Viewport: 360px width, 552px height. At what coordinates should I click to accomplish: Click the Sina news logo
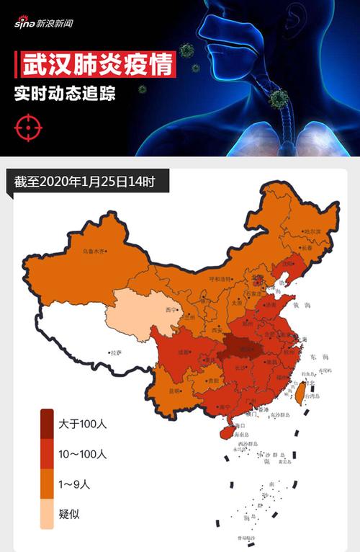point(44,23)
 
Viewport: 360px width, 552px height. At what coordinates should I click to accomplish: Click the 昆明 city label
point(174,391)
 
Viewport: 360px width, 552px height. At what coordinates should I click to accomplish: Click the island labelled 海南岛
point(225,432)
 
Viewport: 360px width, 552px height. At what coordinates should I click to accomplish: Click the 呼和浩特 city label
point(220,278)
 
